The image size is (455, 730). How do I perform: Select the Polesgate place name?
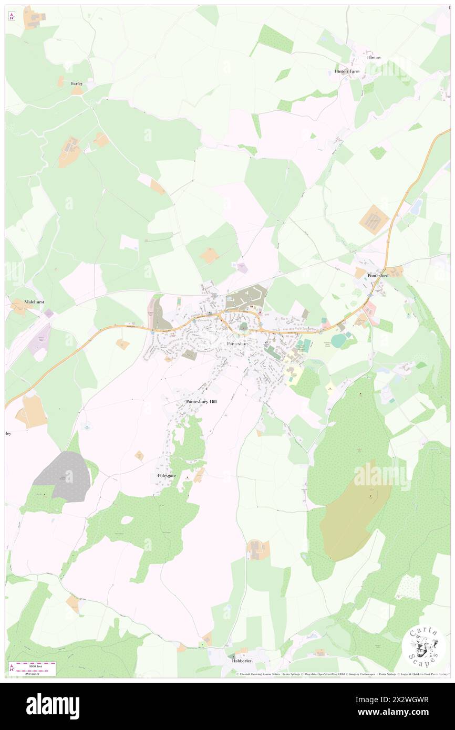coord(167,476)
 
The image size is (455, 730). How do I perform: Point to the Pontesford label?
coord(378,276)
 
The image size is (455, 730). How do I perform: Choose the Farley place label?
coord(77,84)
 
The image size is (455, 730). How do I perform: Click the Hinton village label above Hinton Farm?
coord(374,57)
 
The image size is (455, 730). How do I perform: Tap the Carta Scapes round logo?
coord(424,647)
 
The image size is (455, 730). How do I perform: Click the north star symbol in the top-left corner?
coord(12,16)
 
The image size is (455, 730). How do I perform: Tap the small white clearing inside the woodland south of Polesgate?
coord(127,520)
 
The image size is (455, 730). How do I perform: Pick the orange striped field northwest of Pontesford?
coord(374,220)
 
